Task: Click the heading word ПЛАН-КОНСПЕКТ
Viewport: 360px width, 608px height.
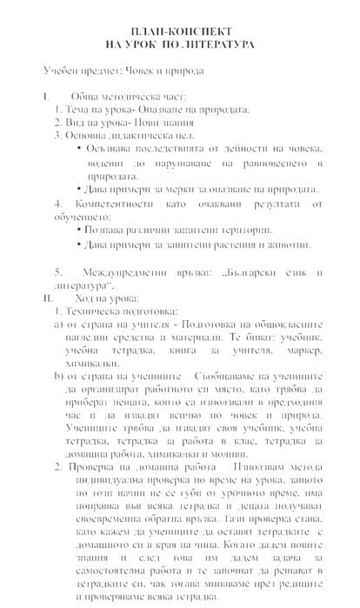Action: point(180,28)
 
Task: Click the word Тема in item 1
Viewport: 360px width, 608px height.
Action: point(77,110)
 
